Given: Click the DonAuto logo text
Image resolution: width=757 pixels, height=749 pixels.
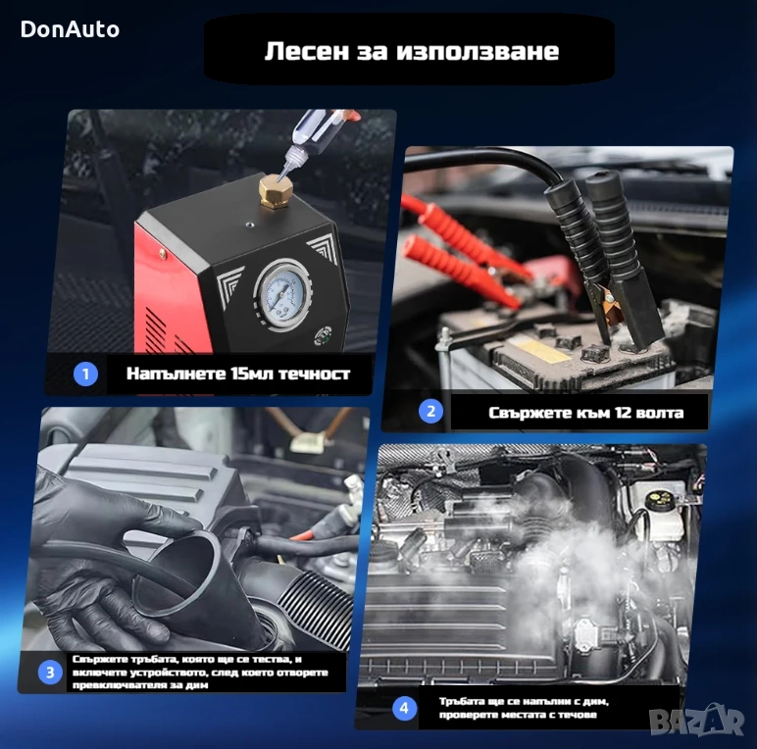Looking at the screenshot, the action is coord(70,29).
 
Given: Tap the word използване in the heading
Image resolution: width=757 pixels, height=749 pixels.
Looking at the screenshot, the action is coord(477,51).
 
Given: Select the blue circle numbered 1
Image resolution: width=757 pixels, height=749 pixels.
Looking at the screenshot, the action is coord(85,374).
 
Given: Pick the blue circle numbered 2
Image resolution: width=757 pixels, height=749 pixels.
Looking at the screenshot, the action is coord(430,412).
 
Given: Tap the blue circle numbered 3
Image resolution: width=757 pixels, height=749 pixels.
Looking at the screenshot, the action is coord(50,673).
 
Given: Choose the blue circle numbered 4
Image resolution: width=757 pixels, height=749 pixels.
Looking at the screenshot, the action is coord(404,708).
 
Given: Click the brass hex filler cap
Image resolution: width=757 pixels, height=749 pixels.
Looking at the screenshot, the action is coord(275,191).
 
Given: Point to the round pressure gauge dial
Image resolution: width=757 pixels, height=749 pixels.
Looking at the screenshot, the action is coord(282,295).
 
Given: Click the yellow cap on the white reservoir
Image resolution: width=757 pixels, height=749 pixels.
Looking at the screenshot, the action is coord(655,498).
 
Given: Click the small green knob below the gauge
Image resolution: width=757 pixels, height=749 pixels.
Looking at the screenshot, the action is coord(324,336).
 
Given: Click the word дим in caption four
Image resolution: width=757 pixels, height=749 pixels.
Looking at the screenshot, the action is coord(596,701).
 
